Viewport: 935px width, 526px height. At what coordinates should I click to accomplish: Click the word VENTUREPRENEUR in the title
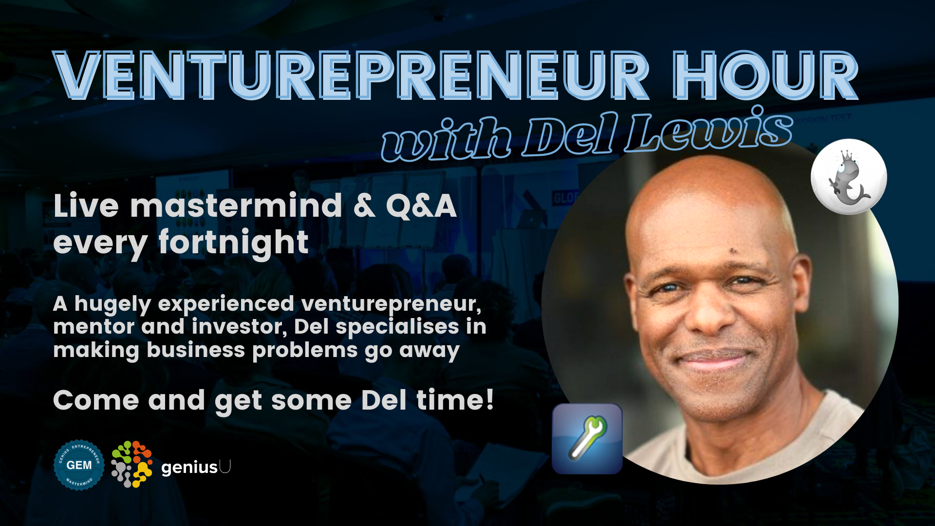pyautogui.click(x=351, y=75)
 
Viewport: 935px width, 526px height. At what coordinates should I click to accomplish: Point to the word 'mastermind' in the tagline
pyautogui.click(x=236, y=206)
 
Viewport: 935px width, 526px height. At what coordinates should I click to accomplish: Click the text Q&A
pyautogui.click(x=421, y=206)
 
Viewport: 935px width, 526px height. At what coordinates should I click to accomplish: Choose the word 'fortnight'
pyautogui.click(x=234, y=243)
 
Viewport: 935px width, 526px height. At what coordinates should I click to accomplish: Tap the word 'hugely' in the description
pyautogui.click(x=113, y=305)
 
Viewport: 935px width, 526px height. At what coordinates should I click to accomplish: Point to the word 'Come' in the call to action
pyautogui.click(x=96, y=400)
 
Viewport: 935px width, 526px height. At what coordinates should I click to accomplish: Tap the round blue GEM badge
pyautogui.click(x=79, y=465)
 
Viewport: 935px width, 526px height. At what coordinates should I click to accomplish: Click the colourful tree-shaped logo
pyautogui.click(x=131, y=464)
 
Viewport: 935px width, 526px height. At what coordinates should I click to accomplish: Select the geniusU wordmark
pyautogui.click(x=196, y=467)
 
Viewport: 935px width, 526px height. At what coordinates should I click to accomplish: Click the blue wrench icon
pyautogui.click(x=587, y=439)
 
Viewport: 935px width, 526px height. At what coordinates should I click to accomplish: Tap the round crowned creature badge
pyautogui.click(x=849, y=176)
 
